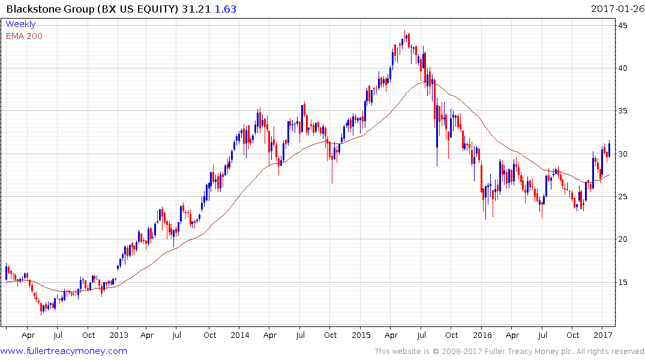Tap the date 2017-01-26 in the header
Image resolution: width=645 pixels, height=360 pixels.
[x=616, y=8]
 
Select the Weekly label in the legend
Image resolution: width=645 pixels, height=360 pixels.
[x=20, y=24]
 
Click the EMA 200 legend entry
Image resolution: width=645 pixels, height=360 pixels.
[x=24, y=35]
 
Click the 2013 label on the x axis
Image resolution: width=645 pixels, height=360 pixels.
[x=118, y=335]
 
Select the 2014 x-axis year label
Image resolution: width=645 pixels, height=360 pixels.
[x=239, y=335]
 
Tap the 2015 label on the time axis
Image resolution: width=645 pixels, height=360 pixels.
[x=361, y=335]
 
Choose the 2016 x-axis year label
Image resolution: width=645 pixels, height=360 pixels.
[x=482, y=335]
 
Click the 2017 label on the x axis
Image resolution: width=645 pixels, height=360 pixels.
[x=603, y=335]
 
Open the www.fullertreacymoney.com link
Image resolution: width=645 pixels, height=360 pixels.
[x=64, y=351]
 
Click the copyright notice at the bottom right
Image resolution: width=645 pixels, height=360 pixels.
[x=509, y=352]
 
